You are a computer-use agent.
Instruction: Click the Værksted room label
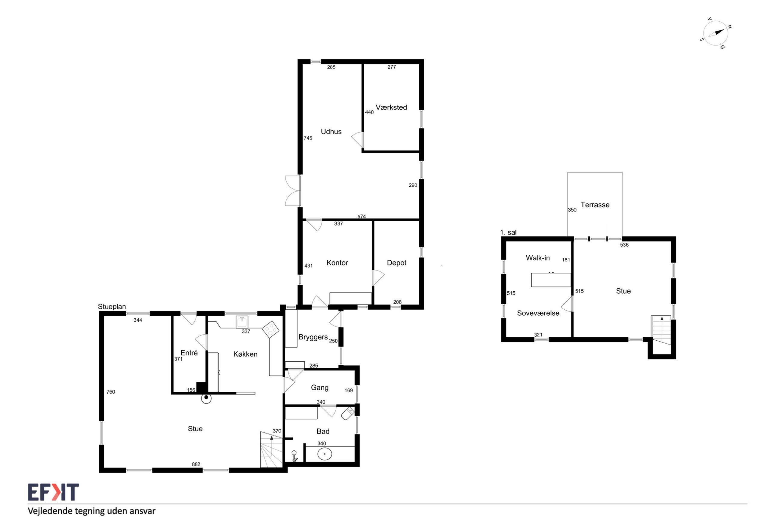(x=391, y=107)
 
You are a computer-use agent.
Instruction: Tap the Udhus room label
(x=331, y=132)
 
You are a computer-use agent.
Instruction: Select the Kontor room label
(x=337, y=263)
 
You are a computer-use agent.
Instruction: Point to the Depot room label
(x=396, y=263)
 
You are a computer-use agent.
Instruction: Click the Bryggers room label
(x=313, y=337)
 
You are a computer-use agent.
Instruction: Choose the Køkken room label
(x=245, y=354)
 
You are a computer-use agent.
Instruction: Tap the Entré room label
(x=189, y=353)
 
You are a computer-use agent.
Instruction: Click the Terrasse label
(x=595, y=205)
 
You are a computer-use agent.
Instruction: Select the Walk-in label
(x=538, y=258)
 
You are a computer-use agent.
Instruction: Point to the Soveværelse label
(x=538, y=313)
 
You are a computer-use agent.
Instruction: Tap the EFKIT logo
(x=53, y=492)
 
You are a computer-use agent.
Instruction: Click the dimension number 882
(x=196, y=464)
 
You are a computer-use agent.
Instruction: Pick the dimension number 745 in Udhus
(x=308, y=138)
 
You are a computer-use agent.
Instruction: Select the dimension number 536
(x=624, y=245)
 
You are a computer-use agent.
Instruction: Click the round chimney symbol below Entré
(x=206, y=398)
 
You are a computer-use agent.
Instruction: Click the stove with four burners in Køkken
(x=270, y=329)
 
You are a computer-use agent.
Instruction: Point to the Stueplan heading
(x=112, y=307)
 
